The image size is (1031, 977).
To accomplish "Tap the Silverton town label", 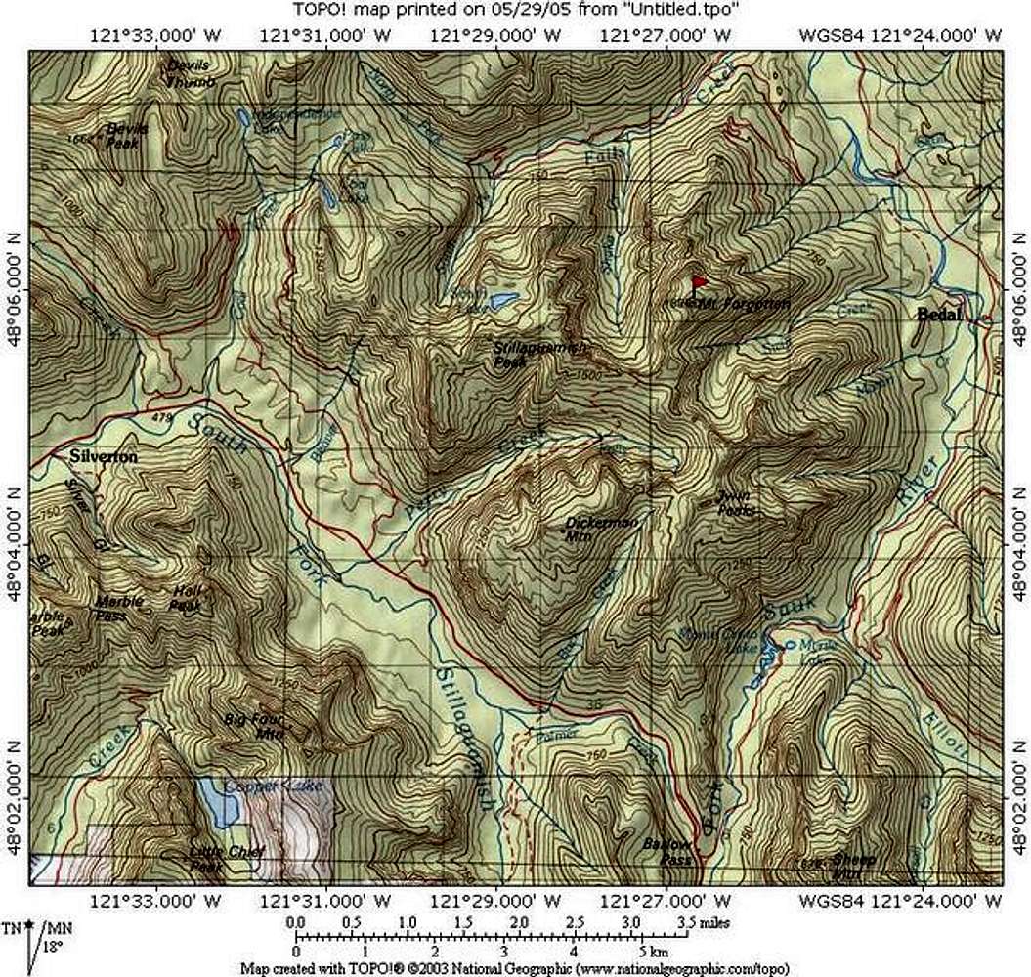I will tap(102, 456).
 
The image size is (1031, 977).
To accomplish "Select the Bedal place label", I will tap(939, 315).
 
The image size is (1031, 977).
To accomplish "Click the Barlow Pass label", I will tap(667, 851).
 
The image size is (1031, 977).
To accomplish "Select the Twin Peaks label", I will tap(735, 501).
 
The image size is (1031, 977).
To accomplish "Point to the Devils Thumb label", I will tap(190, 73).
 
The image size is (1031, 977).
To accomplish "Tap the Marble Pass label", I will tap(119, 607).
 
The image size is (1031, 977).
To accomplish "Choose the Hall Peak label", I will tap(186, 597).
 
